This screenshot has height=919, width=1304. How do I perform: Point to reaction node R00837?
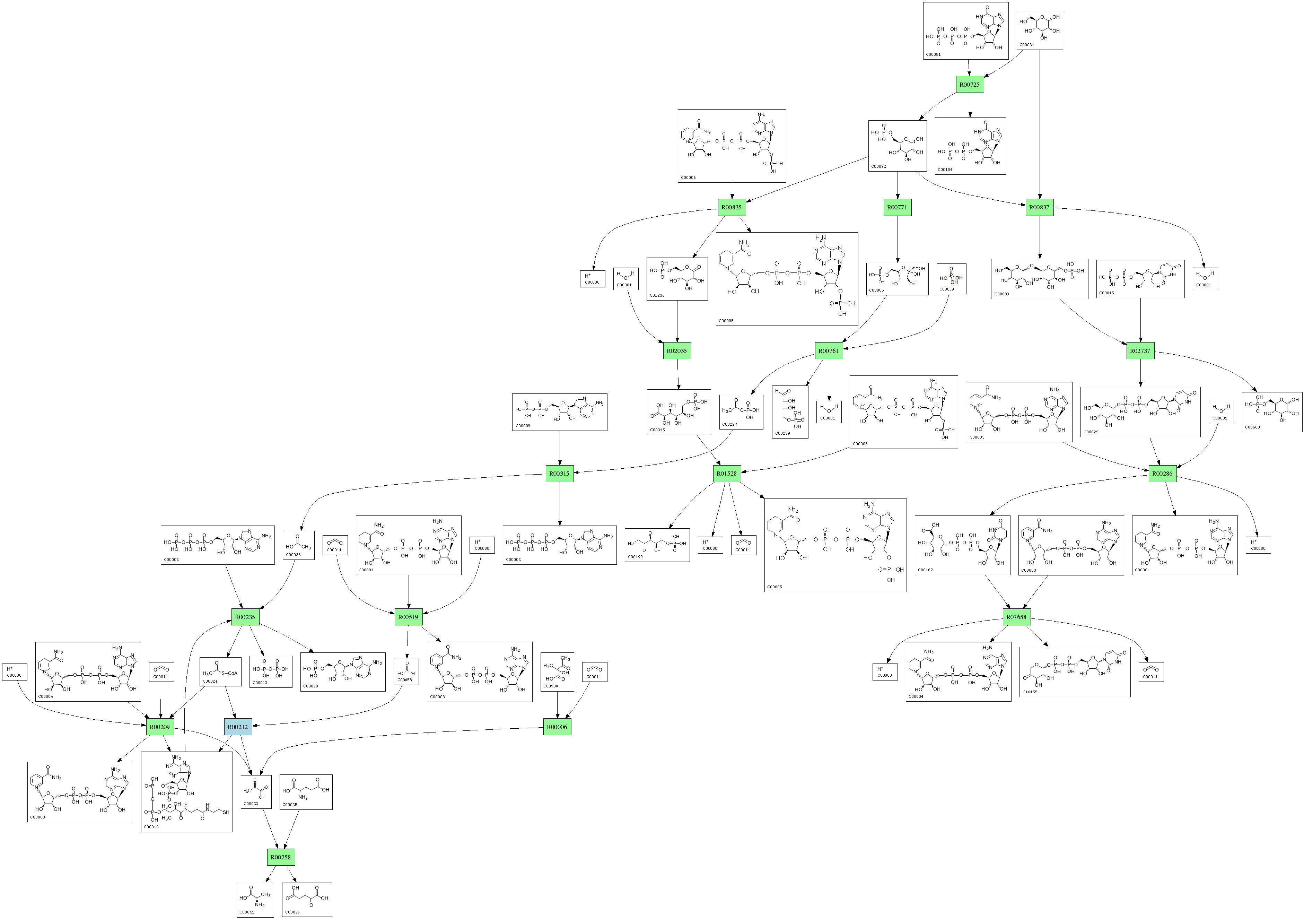coord(1039,207)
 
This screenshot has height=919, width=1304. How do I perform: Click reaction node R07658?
coord(1016,617)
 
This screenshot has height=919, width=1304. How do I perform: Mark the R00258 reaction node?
coord(281,857)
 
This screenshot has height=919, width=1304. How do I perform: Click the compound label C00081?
coord(933,54)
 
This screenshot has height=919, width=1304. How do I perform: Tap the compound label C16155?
coord(1030,692)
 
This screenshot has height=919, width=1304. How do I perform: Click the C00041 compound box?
coord(255,899)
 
